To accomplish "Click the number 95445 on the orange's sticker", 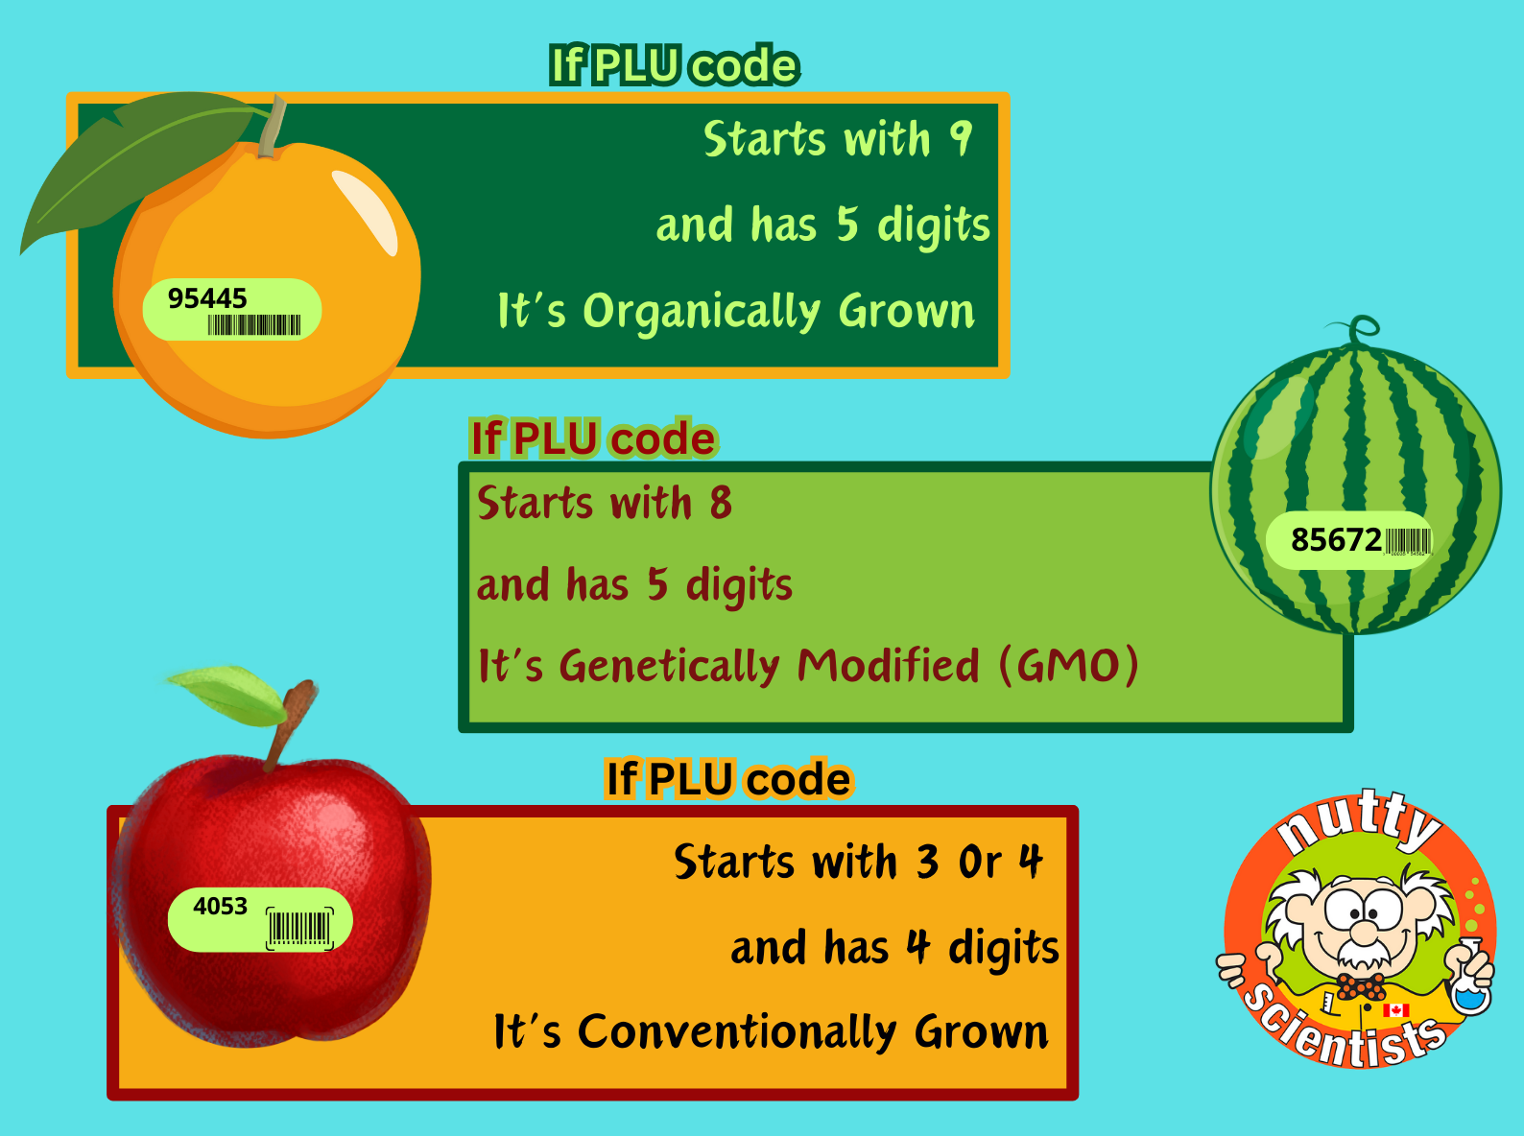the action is pyautogui.click(x=207, y=298).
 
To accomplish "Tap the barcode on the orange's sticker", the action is pyautogui.click(x=254, y=324).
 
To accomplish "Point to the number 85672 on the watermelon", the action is pyautogui.click(x=1336, y=540).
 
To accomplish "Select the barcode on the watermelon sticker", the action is pyautogui.click(x=1408, y=541).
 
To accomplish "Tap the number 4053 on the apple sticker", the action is pyautogui.click(x=220, y=907).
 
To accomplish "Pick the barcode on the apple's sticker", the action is pyautogui.click(x=300, y=928).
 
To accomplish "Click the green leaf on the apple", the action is pyautogui.click(x=229, y=696).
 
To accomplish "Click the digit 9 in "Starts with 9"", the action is pyautogui.click(x=962, y=139).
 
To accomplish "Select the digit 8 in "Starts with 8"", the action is pyautogui.click(x=720, y=503).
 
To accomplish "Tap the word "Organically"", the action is pyautogui.click(x=702, y=312).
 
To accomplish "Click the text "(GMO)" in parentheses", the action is pyautogui.click(x=1069, y=666).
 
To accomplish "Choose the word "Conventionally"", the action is pyautogui.click(x=737, y=1032).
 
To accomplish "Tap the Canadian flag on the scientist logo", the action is pyautogui.click(x=1395, y=1009).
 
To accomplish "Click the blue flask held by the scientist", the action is pyautogui.click(x=1472, y=980).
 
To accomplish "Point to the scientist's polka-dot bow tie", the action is pyautogui.click(x=1361, y=986).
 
